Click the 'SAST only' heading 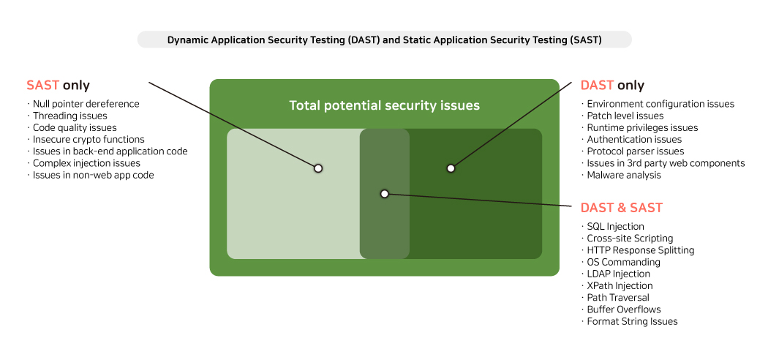coord(58,85)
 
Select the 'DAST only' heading coord(612,85)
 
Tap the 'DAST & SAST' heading coord(622,208)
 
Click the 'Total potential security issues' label coord(385,105)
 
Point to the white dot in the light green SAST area coord(318,168)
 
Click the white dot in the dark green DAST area coord(451,168)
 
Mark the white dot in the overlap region coord(385,194)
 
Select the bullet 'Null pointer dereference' coord(86,104)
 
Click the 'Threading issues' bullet coord(70,116)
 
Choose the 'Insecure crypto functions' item coord(89,140)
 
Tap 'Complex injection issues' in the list coord(87,163)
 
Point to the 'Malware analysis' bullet coord(624,175)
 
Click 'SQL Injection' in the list coord(616,226)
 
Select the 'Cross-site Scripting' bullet coord(630,239)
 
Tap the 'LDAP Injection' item coord(619,274)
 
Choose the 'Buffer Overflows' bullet coord(624,310)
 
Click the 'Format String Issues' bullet coord(633,321)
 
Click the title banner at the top coord(385,40)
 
